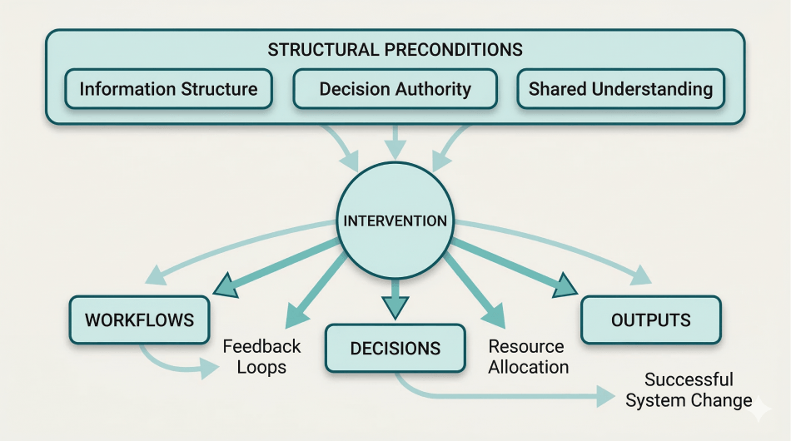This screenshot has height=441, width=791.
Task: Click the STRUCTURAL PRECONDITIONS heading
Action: pos(395,49)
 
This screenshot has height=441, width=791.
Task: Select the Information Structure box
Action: pos(168,89)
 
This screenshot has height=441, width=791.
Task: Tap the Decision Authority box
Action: pos(395,89)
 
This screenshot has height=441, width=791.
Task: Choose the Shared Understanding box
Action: pos(620,89)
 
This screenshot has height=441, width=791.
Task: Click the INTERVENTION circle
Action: pos(395,221)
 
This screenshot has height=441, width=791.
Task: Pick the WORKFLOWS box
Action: pos(139,320)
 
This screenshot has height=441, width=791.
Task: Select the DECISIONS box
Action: pos(395,349)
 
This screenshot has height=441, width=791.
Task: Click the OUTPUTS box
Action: pos(650,320)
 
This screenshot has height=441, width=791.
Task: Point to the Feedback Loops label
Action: pos(261,356)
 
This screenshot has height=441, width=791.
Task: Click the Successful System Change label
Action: pos(689,390)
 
